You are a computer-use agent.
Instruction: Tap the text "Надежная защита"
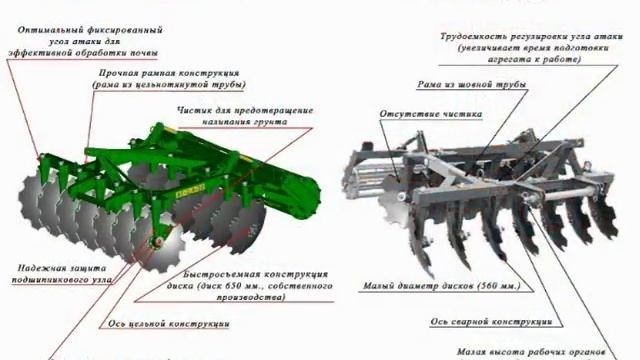coord(61,267)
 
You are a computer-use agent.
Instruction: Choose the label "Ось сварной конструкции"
coord(491,322)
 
